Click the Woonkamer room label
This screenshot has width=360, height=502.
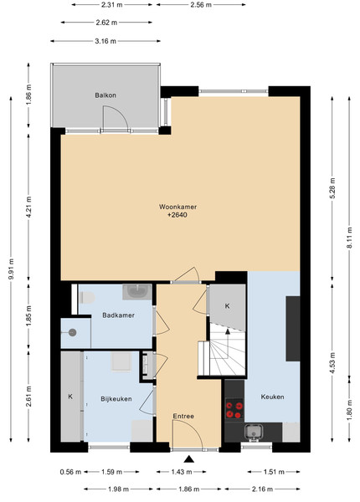[x=177, y=207]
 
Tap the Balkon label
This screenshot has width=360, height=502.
[x=105, y=95]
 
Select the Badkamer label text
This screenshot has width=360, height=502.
[x=119, y=315]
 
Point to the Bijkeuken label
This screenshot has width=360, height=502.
[x=116, y=399]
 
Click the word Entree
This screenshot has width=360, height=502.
[x=183, y=416]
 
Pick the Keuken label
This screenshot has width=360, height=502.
[x=273, y=397]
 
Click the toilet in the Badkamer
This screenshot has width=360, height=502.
[x=87, y=298]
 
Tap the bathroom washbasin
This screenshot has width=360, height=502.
[x=137, y=292]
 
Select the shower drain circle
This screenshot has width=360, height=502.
[x=73, y=333]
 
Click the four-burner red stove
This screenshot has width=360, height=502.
[x=234, y=409]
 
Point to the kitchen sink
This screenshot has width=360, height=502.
[x=254, y=433]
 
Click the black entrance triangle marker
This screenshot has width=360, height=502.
[x=189, y=459]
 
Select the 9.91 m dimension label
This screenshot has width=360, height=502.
[x=11, y=269]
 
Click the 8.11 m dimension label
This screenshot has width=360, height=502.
[x=349, y=238]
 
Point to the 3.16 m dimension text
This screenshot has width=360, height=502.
[x=105, y=41]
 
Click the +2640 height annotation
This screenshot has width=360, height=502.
[x=177, y=215]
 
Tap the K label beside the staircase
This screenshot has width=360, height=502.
[x=227, y=306]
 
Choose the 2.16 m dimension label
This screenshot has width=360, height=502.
[x=262, y=489]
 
